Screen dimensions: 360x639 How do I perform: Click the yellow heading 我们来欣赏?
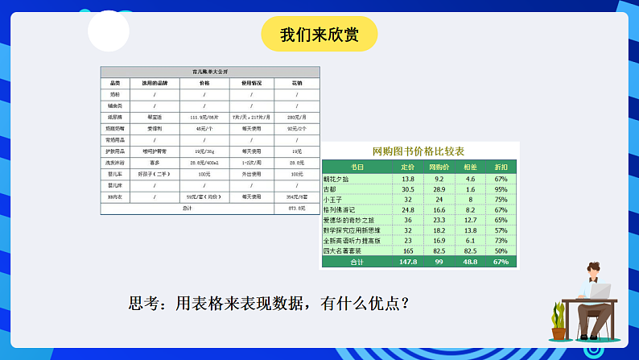tap(319, 34)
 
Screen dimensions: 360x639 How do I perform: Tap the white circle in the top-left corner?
tap(108, 31)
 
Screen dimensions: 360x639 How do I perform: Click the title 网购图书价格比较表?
tap(418, 151)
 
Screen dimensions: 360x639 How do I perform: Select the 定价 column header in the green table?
tap(408, 168)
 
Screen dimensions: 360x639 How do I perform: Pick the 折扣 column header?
tap(501, 168)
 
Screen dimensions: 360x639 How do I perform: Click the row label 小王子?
tap(334, 199)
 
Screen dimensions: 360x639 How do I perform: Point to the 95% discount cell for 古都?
tap(501, 188)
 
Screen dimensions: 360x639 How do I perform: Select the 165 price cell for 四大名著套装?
tap(408, 251)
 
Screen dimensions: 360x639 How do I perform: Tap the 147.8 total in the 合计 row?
tap(408, 262)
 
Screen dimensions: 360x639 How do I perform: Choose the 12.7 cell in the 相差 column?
tap(470, 220)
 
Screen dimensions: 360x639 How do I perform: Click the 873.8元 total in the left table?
tap(296, 208)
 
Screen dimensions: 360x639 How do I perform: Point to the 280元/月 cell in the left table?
tap(296, 117)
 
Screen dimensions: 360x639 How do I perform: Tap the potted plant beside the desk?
tap(558, 320)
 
